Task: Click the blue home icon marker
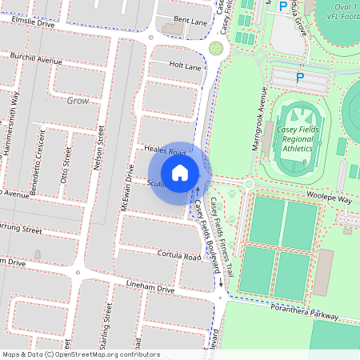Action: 180,172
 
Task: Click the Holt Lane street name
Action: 186,67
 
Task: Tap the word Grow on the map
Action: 78,102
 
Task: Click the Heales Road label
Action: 165,151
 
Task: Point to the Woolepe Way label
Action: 330,198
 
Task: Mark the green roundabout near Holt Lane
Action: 215,49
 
